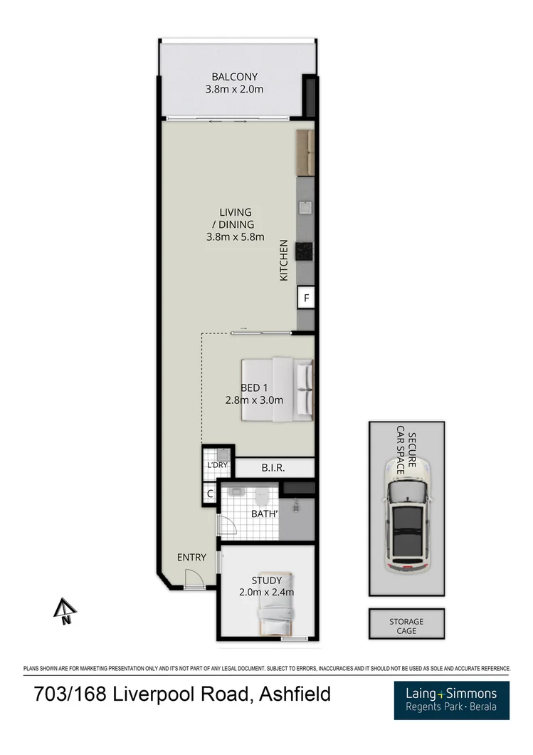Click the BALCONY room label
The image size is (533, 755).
click(234, 77)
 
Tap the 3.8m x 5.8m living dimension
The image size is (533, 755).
click(235, 236)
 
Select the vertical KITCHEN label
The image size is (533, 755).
click(284, 259)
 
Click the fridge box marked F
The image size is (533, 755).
click(307, 298)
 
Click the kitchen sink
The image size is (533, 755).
click(305, 208)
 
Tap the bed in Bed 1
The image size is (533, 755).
click(278, 389)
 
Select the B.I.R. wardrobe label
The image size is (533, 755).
click(274, 468)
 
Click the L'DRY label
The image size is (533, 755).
click(216, 465)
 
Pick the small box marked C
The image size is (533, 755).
click(211, 493)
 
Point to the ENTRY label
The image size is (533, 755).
click(192, 557)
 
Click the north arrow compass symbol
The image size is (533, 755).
click(66, 611)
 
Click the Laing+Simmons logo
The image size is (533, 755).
click(451, 700)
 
